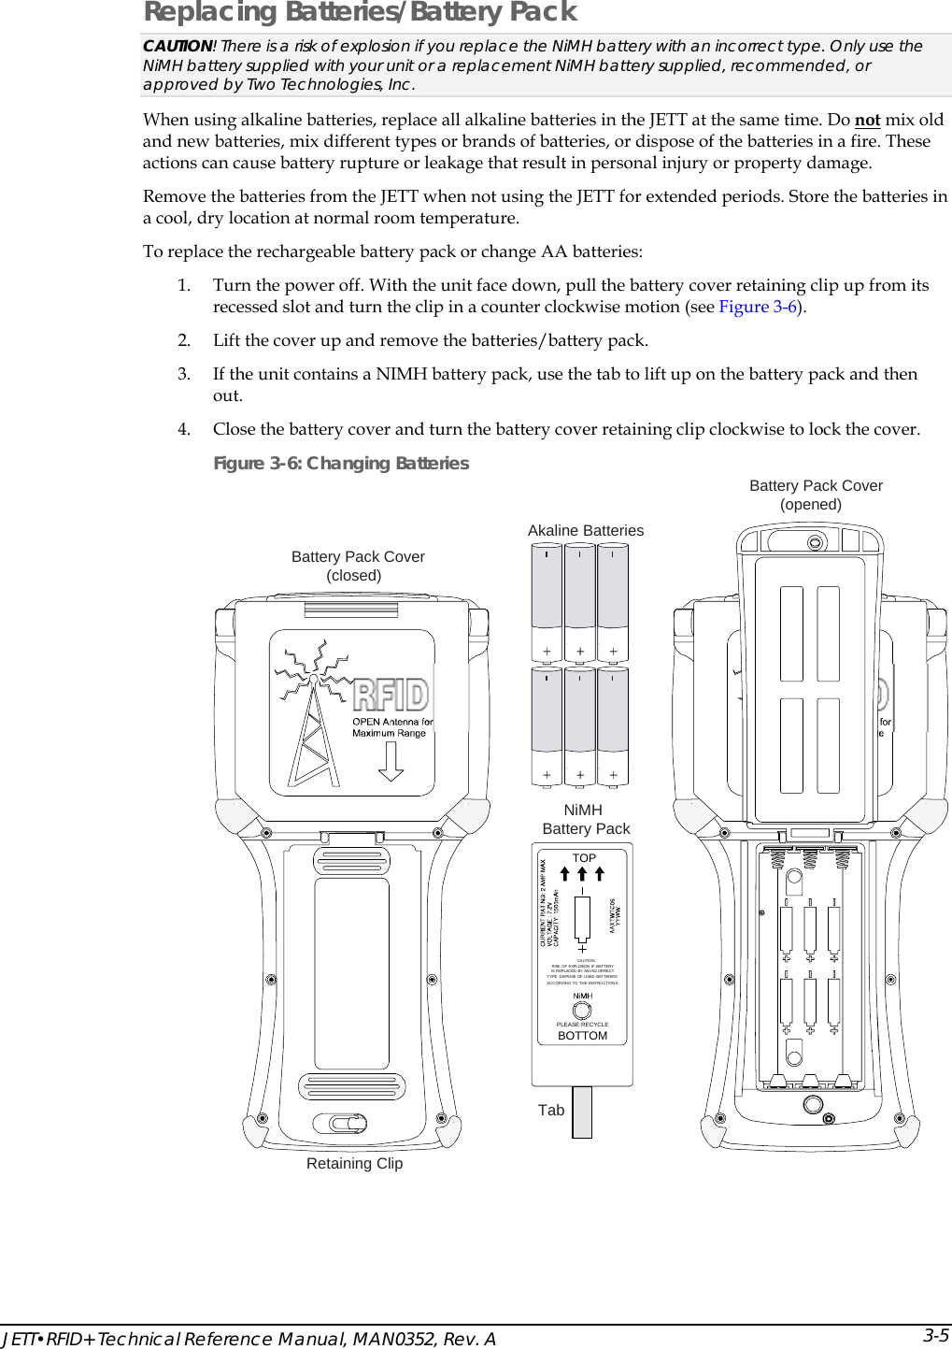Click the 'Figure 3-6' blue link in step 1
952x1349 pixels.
758,307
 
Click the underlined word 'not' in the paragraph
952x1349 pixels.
867,120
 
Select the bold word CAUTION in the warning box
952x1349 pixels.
178,46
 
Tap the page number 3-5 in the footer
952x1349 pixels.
935,1334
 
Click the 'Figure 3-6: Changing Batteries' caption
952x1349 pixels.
341,463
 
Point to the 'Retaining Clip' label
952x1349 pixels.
354,1163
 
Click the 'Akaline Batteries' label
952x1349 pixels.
585,530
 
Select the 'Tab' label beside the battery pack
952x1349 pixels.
550,1110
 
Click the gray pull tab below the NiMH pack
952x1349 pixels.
582,1112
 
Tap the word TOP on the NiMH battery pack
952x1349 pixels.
584,857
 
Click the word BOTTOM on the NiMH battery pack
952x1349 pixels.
582,1036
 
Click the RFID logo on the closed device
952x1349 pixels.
391,695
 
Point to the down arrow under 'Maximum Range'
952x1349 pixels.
391,761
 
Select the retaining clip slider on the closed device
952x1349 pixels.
340,1123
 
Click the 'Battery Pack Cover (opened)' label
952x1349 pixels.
815,495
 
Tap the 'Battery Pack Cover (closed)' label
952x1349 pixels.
357,566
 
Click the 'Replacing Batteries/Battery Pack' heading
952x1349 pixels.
360,12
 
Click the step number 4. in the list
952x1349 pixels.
184,429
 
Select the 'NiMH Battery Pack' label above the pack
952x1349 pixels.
585,819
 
